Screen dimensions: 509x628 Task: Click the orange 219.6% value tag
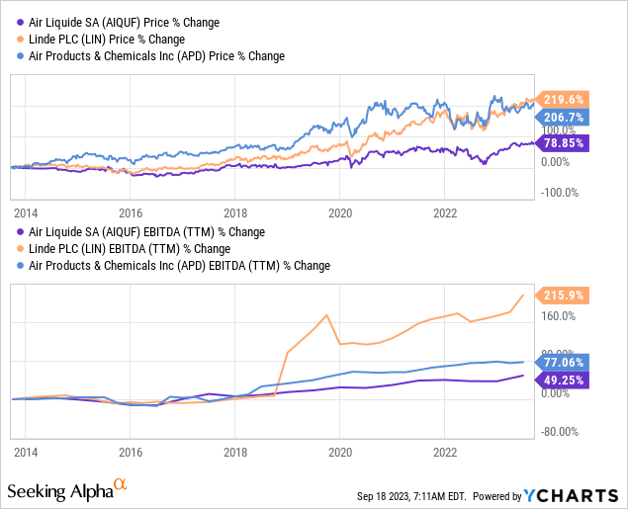563,99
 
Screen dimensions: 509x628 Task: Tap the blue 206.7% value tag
563,117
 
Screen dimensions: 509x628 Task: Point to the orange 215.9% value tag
563,296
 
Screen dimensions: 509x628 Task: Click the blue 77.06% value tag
563,362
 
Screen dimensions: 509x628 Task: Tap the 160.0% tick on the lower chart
558,316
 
